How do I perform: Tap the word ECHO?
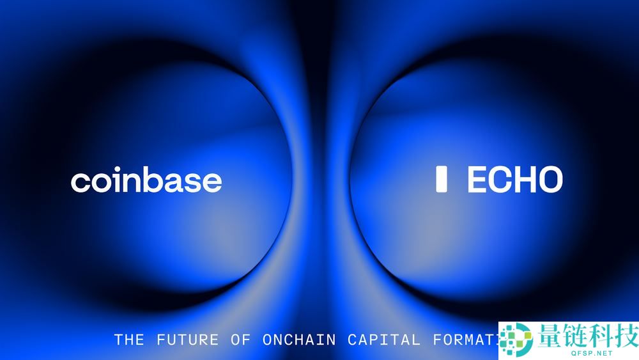[514, 180]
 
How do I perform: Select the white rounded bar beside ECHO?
[441, 180]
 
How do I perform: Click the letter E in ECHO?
[477, 180]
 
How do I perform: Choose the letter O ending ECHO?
[550, 180]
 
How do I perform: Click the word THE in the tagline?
[129, 340]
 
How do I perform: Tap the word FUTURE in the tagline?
[187, 340]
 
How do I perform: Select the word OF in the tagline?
[241, 340]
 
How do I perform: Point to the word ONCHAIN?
[299, 340]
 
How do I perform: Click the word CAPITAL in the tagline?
[384, 340]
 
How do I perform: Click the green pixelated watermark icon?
[516, 339]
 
